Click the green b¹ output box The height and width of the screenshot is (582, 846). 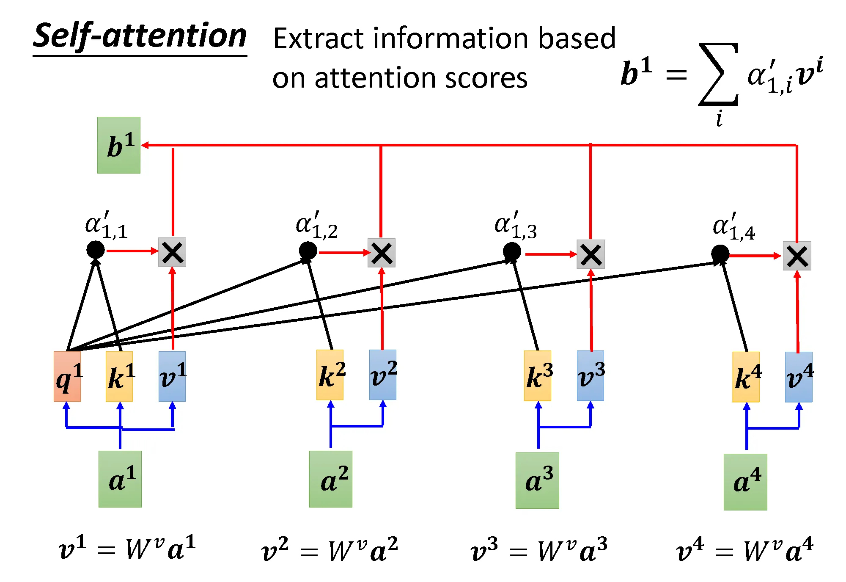click(119, 145)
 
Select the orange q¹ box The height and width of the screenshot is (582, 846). click(67, 376)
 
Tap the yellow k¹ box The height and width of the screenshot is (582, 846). click(119, 376)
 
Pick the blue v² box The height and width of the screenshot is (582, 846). click(383, 375)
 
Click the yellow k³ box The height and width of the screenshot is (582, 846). click(538, 375)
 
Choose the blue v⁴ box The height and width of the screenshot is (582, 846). click(799, 377)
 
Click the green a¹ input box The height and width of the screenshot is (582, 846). click(120, 479)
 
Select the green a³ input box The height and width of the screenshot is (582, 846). click(537, 480)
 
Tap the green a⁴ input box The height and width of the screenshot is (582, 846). click(745, 482)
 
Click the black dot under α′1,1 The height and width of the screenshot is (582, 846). click(96, 250)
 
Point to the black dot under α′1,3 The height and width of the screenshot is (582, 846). click(512, 251)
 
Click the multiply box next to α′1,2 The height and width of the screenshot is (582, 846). click(382, 253)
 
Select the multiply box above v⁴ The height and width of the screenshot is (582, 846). click(797, 256)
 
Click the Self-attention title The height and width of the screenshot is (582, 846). click(140, 36)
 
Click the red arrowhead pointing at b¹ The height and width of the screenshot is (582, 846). click(145, 145)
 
